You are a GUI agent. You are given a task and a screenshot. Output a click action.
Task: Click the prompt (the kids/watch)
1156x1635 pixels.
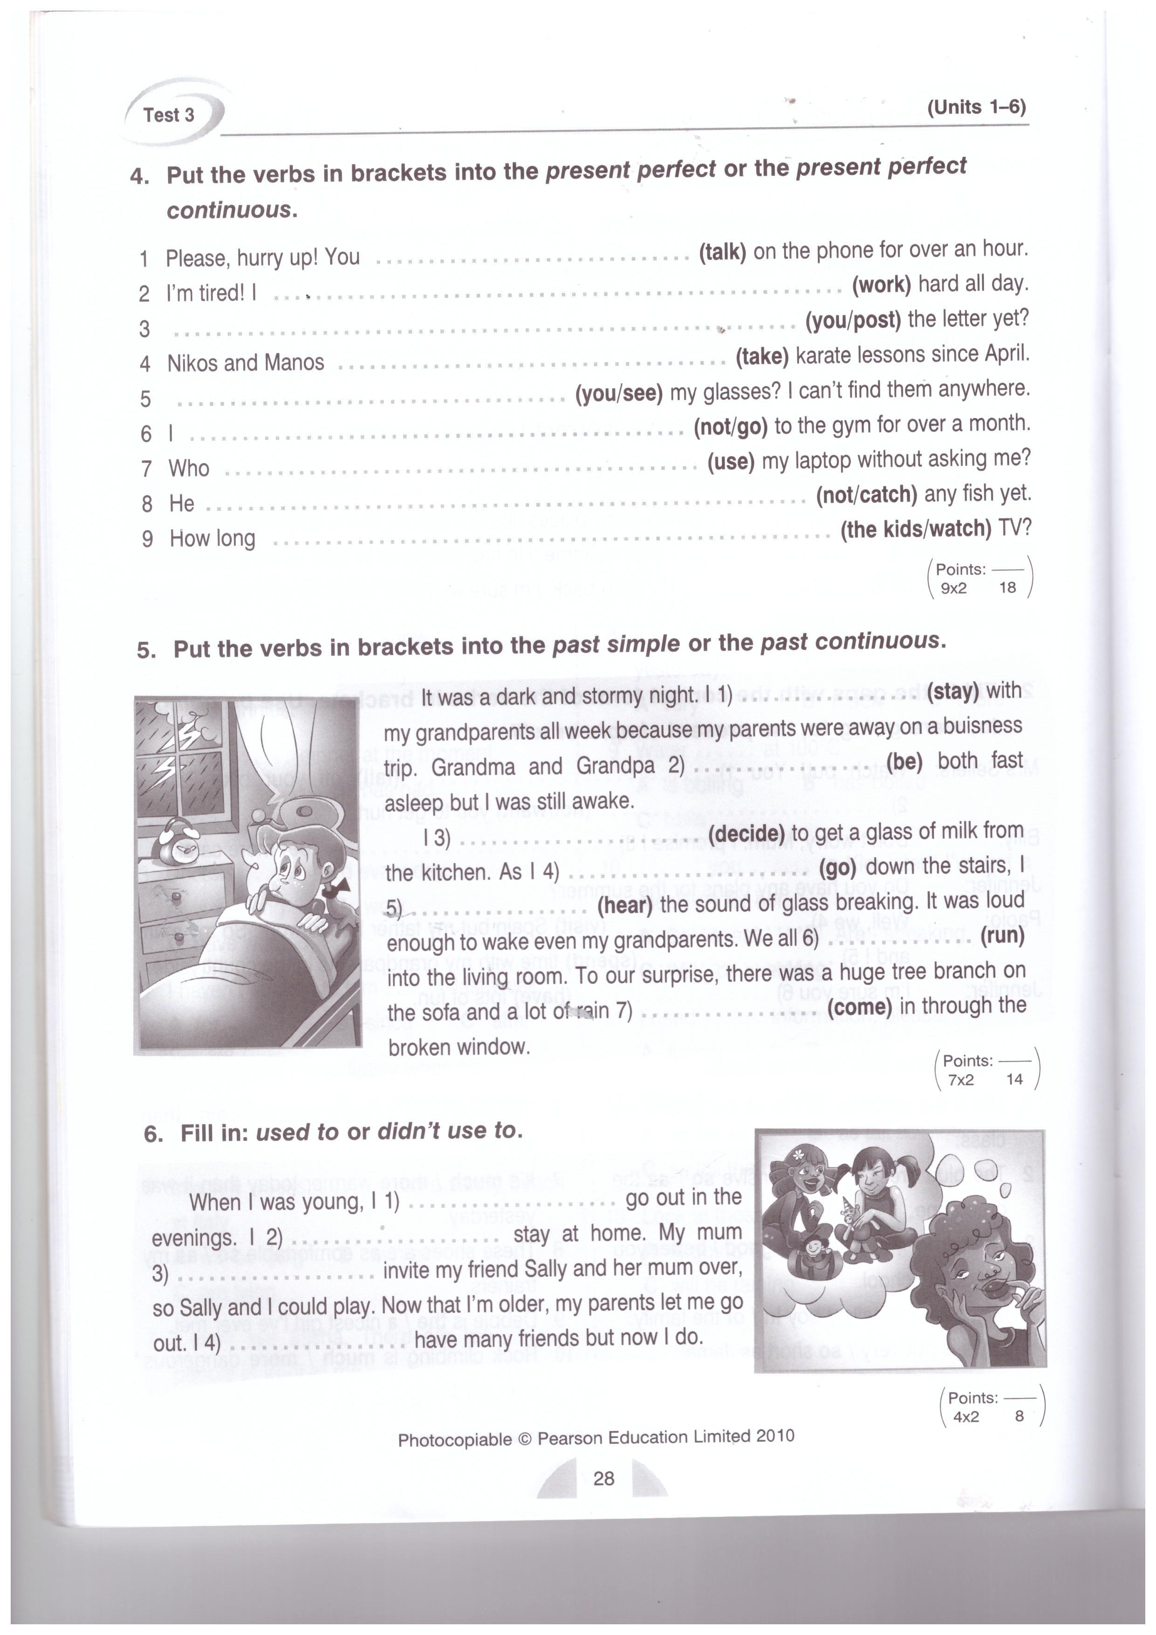916,529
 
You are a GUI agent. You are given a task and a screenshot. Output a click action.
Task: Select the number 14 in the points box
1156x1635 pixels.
1014,1080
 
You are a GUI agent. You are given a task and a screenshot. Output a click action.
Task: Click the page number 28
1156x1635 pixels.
603,1479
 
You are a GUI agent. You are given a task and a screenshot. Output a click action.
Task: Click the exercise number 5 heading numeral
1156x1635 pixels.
145,649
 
